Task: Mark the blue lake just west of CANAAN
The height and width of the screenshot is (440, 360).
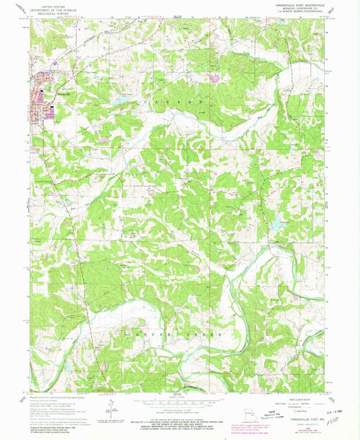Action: (x=124, y=99)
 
